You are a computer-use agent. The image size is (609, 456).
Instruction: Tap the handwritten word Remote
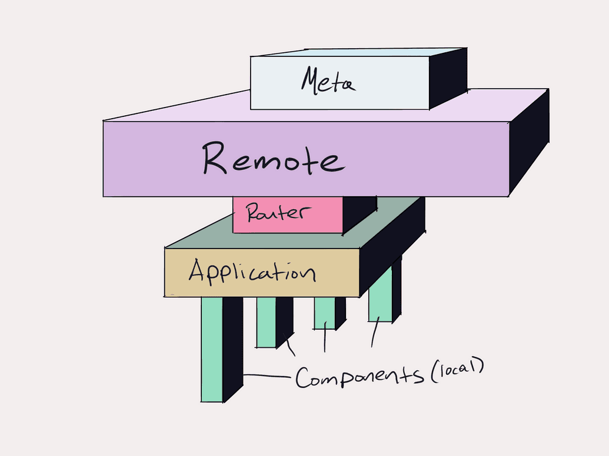pos(272,159)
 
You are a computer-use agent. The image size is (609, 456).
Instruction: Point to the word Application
pos(252,271)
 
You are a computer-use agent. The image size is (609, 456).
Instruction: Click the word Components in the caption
pos(359,377)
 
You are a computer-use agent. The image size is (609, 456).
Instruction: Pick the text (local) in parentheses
pos(457,371)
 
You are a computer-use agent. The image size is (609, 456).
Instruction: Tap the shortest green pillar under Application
pos(325,313)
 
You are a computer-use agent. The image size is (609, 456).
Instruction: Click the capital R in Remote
pos(215,159)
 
